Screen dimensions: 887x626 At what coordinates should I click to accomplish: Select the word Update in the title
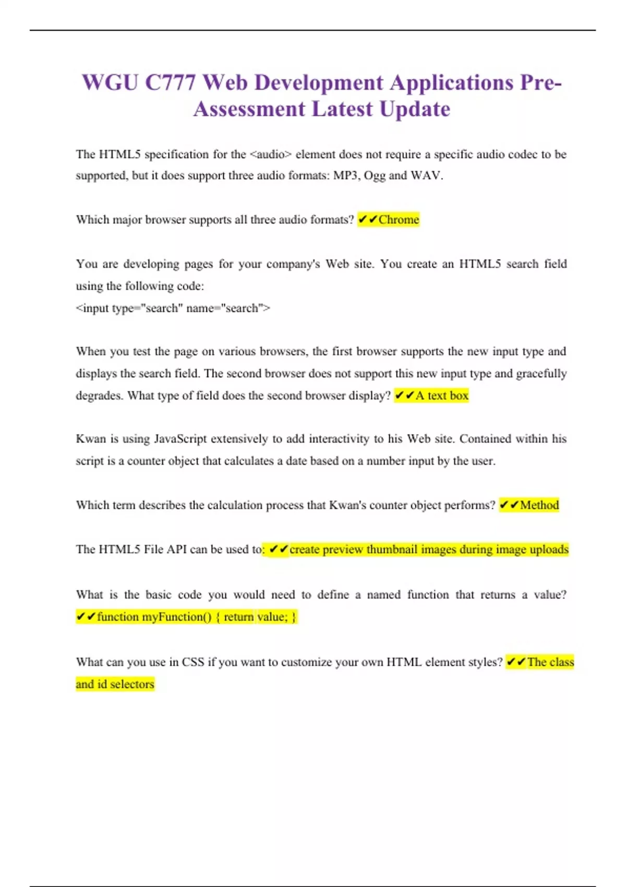point(415,109)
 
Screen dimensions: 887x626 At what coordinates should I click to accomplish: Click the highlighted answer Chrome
point(399,220)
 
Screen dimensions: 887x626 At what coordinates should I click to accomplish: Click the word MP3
point(346,175)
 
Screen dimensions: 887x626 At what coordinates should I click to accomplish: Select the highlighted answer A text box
point(441,395)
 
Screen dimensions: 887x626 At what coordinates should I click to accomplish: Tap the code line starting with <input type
point(173,308)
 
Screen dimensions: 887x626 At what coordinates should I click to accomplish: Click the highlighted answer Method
point(539,505)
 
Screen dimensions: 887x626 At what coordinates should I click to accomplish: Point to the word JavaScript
point(180,439)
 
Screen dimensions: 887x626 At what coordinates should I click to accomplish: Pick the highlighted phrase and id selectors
point(115,684)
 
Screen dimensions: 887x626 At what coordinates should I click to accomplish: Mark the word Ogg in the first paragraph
point(374,175)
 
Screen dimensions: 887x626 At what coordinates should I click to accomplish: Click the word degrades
point(99,395)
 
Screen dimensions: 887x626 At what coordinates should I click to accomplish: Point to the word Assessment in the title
point(249,109)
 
